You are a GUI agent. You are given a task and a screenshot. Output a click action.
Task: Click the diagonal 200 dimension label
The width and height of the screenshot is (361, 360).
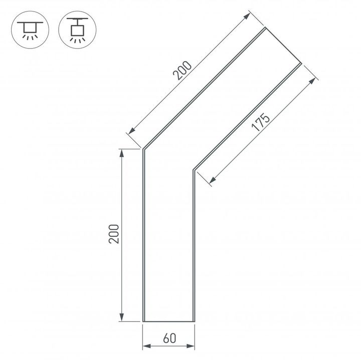pos(182,71)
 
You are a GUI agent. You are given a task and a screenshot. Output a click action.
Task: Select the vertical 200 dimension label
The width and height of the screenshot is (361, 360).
pos(115,233)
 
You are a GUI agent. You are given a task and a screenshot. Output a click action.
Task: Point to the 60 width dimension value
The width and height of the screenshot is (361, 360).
pos(169,338)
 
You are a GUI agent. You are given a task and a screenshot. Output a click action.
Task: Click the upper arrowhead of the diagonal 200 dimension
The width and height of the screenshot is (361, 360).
pos(247,16)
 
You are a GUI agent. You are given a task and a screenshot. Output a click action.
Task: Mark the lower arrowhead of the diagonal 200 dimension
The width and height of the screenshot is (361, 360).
pos(131,132)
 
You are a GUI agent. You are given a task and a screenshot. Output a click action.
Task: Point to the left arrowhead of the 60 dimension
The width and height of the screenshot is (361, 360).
pos(146,345)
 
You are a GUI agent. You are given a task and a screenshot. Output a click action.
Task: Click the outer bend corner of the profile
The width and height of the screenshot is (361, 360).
pos(144,149)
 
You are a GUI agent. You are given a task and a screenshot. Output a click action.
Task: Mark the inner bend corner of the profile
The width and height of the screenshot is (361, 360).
pos(194,170)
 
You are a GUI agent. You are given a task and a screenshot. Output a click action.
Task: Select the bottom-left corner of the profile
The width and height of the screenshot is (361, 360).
pos(144,321)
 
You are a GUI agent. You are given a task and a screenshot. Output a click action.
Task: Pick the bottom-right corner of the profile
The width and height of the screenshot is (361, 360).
pos(194,321)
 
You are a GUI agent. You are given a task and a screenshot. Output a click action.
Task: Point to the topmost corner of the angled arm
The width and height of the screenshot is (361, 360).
pos(265,28)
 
